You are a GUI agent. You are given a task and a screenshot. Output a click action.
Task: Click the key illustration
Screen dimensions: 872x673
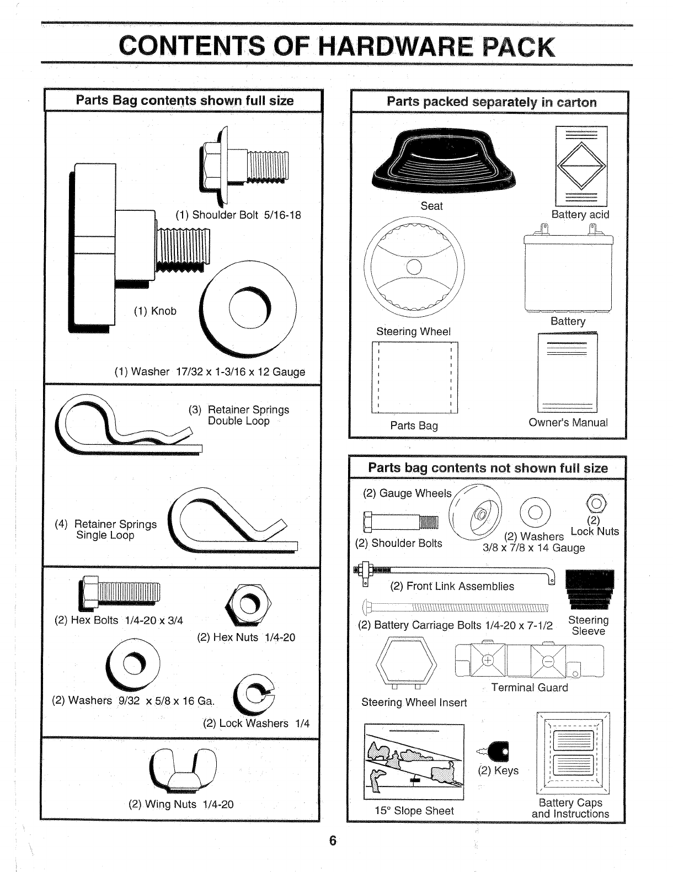(x=499, y=750)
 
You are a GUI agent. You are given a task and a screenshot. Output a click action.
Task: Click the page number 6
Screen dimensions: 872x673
(x=332, y=841)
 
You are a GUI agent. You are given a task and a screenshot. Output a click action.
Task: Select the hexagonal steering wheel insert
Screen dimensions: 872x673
(x=405, y=660)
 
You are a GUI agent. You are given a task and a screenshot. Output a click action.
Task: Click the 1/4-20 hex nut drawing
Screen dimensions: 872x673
(x=249, y=604)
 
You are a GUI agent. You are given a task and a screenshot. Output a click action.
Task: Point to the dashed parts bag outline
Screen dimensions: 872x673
(x=414, y=377)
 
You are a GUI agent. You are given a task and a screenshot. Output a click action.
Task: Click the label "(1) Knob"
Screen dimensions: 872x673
(x=155, y=311)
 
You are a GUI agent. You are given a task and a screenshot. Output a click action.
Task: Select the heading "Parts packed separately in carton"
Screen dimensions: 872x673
(x=492, y=102)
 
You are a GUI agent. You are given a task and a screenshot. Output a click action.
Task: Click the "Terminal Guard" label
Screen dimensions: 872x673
(x=529, y=688)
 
